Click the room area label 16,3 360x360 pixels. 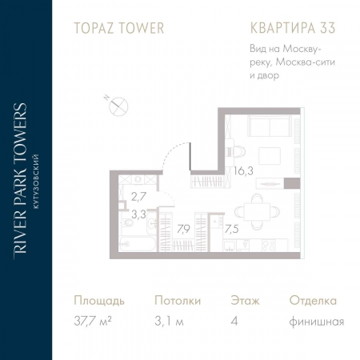244,170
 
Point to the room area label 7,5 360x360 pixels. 230,228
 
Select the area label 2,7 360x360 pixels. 138,195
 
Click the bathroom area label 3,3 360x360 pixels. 138,214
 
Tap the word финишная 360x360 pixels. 317,322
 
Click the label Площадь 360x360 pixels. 99,302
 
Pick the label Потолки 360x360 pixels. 178,302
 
